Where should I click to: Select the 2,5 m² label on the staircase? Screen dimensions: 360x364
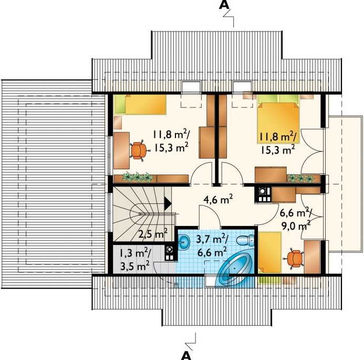[x=153, y=233]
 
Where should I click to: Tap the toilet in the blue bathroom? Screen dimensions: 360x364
[x=245, y=241]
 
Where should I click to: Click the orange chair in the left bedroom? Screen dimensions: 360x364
[x=139, y=150]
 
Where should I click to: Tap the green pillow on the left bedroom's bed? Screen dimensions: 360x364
[x=120, y=104]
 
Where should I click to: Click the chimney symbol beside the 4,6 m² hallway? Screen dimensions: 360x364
[x=262, y=195]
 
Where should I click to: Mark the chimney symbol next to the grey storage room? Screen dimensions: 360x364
[x=170, y=254]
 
